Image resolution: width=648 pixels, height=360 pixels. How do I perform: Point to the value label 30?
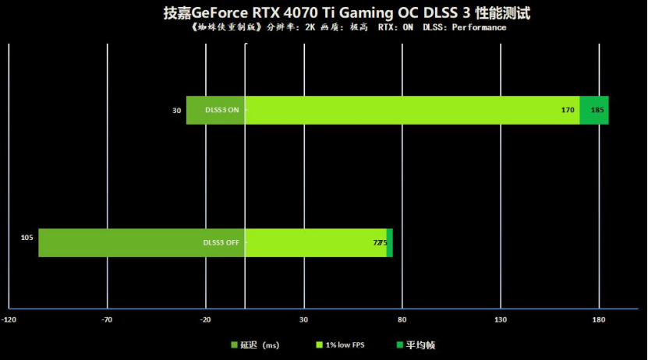[x=177, y=111]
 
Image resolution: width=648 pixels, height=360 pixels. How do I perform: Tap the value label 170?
[x=568, y=111]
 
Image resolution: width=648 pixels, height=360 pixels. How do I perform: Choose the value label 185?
[x=597, y=111]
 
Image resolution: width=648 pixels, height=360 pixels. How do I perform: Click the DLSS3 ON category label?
[x=222, y=111]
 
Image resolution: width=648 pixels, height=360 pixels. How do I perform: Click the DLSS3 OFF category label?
[x=221, y=242]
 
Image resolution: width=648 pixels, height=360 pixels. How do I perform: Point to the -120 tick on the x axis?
[x=9, y=319]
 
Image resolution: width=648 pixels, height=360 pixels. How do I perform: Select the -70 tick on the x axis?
[x=108, y=319]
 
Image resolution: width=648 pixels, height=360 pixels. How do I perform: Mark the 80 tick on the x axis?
[x=402, y=319]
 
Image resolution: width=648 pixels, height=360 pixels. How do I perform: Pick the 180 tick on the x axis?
[x=599, y=319]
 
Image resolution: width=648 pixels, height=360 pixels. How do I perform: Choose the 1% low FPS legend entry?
[x=340, y=344]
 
